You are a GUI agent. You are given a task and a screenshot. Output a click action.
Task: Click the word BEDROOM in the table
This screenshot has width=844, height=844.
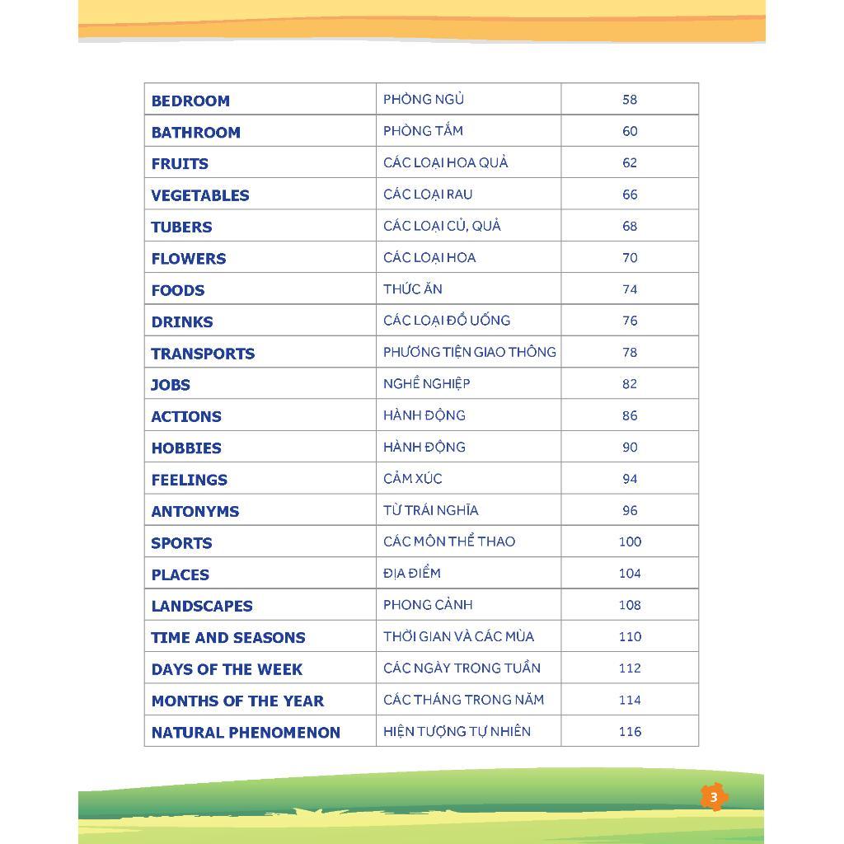[x=190, y=101]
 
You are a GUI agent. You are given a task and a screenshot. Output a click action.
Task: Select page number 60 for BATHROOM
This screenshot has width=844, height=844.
[x=630, y=131]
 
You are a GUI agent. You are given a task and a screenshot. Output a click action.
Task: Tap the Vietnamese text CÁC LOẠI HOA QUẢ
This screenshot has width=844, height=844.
[x=445, y=162]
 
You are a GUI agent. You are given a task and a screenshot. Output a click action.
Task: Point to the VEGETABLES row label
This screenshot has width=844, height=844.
[x=199, y=195]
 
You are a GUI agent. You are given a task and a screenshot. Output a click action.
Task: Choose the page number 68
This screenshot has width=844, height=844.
[x=630, y=226]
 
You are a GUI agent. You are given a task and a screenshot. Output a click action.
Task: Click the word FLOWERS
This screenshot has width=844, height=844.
[x=188, y=259]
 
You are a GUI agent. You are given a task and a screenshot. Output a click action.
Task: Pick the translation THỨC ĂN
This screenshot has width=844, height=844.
[x=413, y=289]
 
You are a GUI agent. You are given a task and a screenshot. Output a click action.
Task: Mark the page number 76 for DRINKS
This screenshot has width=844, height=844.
[x=630, y=321]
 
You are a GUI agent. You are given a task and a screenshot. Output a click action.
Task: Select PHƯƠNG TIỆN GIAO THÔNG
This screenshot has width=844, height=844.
[x=469, y=352]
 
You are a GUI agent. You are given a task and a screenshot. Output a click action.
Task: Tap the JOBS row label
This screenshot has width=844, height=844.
[x=170, y=385]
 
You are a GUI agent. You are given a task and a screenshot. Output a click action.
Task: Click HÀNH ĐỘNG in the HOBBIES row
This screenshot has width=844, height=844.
[x=424, y=447]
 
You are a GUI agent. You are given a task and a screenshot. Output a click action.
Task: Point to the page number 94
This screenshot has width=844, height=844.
[x=630, y=479]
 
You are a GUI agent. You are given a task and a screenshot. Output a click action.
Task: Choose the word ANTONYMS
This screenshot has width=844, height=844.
[x=195, y=511]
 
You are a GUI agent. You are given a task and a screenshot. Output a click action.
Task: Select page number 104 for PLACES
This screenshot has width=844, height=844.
[x=630, y=574]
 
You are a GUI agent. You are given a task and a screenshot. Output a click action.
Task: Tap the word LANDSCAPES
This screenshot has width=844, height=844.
[x=201, y=606]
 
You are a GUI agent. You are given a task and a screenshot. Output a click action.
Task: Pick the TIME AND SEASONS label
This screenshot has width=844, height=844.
[x=227, y=638]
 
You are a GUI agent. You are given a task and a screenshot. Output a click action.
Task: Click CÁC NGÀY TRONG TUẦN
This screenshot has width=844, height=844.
[x=462, y=668]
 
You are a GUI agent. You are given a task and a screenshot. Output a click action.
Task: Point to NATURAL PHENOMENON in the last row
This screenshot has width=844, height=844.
[x=246, y=732]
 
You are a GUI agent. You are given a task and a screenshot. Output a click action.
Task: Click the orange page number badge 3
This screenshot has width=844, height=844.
[x=714, y=797]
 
